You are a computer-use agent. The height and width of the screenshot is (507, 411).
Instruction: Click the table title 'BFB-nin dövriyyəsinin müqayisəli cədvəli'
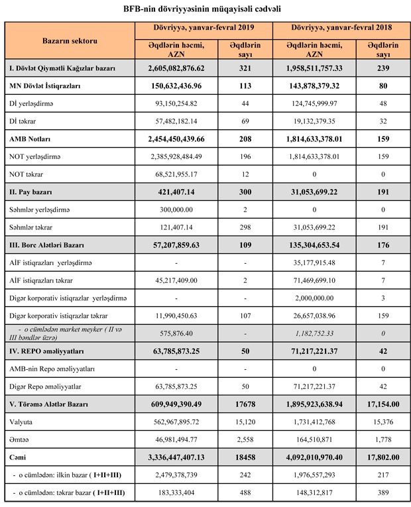pyautogui.click(x=206, y=9)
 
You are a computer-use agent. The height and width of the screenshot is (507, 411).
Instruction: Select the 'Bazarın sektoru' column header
pyautogui.click(x=70, y=41)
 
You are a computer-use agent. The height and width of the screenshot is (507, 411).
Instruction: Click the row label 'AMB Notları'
pyautogui.click(x=30, y=140)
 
